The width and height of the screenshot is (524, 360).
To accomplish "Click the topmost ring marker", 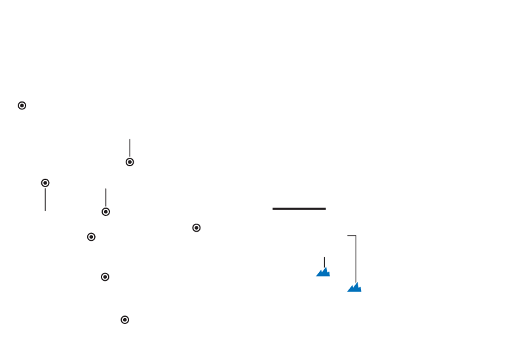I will coord(22,105).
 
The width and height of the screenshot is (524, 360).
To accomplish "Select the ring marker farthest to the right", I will coord(196,228).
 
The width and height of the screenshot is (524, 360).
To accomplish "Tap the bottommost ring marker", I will coord(124,319).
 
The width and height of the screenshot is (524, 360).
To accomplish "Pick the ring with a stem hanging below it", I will coord(45,183).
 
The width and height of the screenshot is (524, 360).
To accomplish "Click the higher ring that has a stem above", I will coord(130,162).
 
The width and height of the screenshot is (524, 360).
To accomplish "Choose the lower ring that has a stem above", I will coord(105,211).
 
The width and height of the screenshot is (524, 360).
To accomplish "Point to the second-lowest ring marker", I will coord(105,277).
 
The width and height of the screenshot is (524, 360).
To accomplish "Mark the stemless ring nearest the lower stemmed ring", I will coord(91,237).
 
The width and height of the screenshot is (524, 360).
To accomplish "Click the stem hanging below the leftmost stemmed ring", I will coord(45,200).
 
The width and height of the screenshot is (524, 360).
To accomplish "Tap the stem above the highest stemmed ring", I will coord(130,147).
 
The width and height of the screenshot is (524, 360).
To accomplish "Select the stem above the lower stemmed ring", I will coord(105,196).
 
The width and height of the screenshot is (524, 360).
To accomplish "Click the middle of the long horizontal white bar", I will coord(299,209).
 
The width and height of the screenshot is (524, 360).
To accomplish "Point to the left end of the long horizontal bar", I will coord(273,209).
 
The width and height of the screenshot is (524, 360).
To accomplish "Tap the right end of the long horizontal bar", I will coord(326,209).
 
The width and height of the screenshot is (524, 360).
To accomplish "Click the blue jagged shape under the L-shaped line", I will coord(354,287).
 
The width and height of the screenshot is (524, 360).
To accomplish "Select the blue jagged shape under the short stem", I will coord(323,272).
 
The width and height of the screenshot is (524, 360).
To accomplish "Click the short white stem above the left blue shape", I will coord(324,261).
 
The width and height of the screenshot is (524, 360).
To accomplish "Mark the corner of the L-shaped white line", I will coord(356,236).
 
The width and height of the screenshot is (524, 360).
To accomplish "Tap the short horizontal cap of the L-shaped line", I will coord(351,235).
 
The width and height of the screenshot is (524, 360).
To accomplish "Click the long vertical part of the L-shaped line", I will coord(356,259).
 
